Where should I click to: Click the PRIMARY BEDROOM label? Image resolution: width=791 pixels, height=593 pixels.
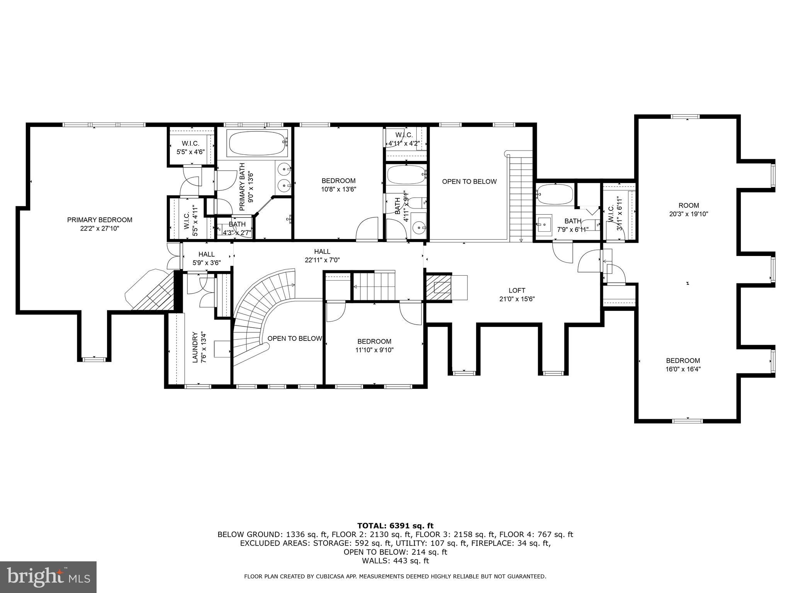pyautogui.click(x=100, y=220)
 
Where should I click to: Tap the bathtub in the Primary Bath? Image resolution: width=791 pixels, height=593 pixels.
pyautogui.click(x=258, y=143)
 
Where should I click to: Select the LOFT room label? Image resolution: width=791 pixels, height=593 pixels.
pyautogui.click(x=517, y=290)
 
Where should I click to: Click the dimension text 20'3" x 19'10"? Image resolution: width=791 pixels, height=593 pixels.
pyautogui.click(x=689, y=214)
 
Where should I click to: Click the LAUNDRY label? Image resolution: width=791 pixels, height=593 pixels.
pyautogui.click(x=195, y=347)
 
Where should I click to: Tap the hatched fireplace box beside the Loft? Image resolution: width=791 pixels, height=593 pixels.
pyautogui.click(x=438, y=288)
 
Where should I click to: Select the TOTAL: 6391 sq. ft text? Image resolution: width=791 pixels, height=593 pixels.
pyautogui.click(x=395, y=525)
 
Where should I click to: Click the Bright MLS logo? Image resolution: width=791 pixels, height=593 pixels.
pyautogui.click(x=48, y=577)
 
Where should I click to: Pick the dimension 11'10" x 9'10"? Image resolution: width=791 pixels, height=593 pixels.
pyautogui.click(x=374, y=350)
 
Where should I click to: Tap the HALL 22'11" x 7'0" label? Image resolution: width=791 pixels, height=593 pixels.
pyautogui.click(x=322, y=256)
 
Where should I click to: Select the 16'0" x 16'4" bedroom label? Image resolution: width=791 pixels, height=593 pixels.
pyautogui.click(x=683, y=365)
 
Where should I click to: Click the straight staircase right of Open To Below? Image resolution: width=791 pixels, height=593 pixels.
pyautogui.click(x=521, y=197)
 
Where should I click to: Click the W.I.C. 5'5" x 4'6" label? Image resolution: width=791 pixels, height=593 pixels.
pyautogui.click(x=190, y=148)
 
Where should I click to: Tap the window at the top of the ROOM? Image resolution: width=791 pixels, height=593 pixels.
pyautogui.click(x=685, y=117)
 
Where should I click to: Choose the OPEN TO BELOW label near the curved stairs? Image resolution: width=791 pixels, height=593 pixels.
pyautogui.click(x=294, y=339)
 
